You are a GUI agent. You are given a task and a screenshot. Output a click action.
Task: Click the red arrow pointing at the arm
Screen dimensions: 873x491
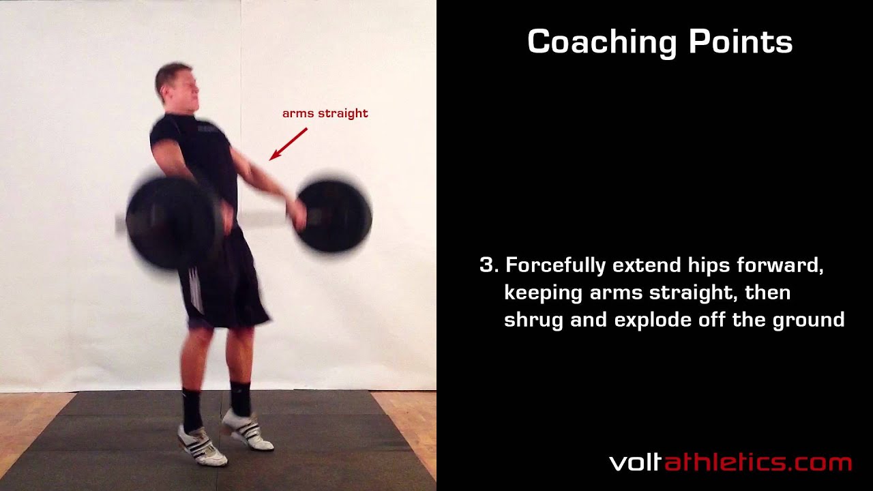pyautogui.click(x=288, y=144)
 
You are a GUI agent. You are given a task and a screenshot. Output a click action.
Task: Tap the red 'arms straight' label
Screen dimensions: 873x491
pyautogui.click(x=325, y=113)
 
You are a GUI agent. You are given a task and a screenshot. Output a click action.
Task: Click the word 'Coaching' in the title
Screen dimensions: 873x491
pyautogui.click(x=602, y=42)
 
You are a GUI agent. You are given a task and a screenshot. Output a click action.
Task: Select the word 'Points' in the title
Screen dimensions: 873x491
pyautogui.click(x=741, y=42)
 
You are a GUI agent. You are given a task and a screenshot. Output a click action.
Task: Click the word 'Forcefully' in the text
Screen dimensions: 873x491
pyautogui.click(x=555, y=267)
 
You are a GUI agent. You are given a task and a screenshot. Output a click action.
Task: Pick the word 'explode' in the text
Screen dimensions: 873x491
pyautogui.click(x=653, y=321)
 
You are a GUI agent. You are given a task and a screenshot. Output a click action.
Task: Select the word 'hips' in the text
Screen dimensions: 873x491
pyautogui.click(x=709, y=267)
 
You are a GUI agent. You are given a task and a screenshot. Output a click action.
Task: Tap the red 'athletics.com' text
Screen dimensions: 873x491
pyautogui.click(x=758, y=462)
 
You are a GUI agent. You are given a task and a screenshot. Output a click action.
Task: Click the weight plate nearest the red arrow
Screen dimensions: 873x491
pyautogui.click(x=334, y=216)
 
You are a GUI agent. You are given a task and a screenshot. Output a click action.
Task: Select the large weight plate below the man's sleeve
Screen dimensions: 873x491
pyautogui.click(x=171, y=222)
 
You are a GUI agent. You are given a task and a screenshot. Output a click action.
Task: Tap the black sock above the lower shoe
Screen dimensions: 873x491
pyautogui.click(x=192, y=410)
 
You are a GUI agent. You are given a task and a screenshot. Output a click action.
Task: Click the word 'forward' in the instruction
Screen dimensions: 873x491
pyautogui.click(x=780, y=265)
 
